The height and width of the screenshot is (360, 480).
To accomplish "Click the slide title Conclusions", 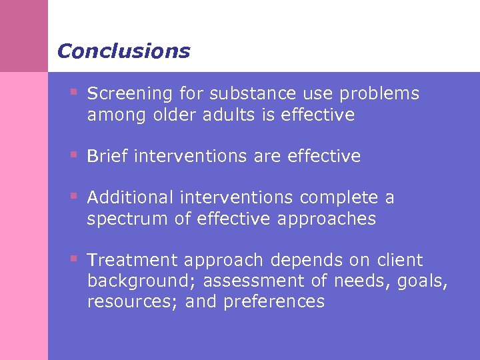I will tap(123, 51).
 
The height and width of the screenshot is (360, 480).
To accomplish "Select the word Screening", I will tap(128, 94).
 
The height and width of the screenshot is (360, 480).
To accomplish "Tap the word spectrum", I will tap(126, 219).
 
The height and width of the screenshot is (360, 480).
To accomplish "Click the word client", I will tap(399, 260).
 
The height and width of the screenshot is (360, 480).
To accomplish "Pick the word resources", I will tap(132, 302).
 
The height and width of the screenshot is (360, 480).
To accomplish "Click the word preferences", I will tap(274, 302).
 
